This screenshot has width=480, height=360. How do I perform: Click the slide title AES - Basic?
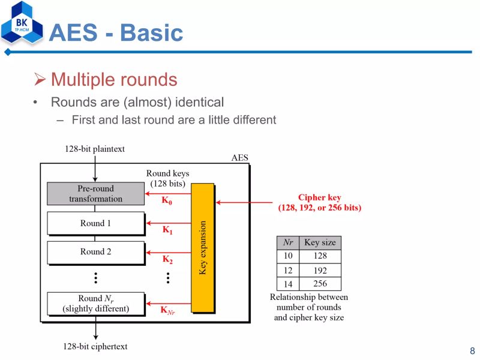[116, 32]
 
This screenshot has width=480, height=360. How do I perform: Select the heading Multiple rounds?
[113, 80]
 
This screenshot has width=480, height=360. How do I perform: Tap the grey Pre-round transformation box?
[95, 194]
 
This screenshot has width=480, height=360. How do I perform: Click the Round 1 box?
[95, 223]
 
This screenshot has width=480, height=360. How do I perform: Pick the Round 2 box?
[95, 252]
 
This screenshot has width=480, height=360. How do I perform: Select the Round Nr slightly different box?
[95, 304]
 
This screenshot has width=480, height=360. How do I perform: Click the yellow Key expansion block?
[202, 248]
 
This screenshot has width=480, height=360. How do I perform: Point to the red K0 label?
[167, 202]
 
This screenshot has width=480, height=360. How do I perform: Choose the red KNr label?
[167, 310]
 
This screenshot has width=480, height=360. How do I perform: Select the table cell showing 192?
[320, 271]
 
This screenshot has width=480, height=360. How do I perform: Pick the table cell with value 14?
[288, 284]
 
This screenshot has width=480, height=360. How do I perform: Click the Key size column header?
[320, 243]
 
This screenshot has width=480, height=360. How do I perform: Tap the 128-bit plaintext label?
[95, 149]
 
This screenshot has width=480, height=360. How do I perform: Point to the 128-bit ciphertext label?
[95, 346]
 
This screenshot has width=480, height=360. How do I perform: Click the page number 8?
[472, 351]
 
